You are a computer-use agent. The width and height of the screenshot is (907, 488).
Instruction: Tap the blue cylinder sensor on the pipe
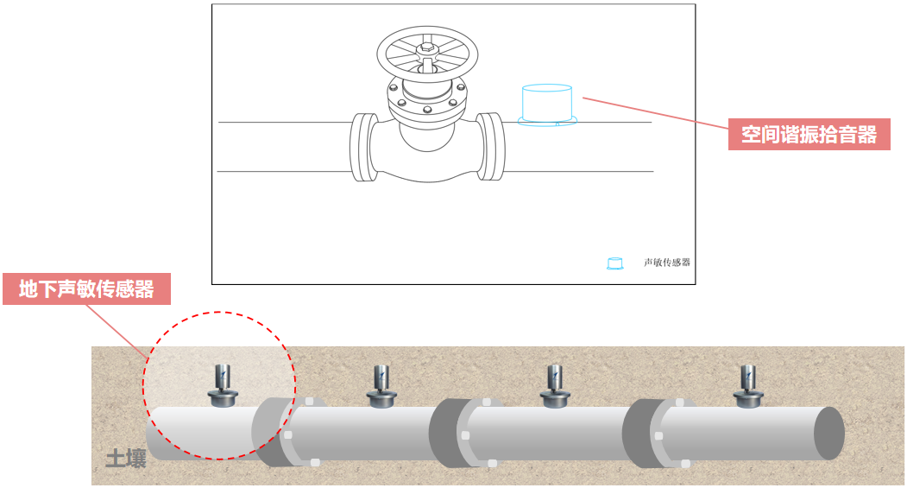point(546,105)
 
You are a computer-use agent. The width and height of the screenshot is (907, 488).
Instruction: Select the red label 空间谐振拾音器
point(809,134)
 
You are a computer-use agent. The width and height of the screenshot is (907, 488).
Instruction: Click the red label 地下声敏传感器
point(87,288)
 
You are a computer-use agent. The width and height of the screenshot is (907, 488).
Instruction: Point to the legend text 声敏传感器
point(667,263)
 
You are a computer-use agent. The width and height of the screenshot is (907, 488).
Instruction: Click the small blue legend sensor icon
point(615,263)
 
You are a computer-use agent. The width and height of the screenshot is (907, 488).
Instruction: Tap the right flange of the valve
point(490,147)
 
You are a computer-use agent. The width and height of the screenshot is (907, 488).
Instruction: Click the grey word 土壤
point(125,459)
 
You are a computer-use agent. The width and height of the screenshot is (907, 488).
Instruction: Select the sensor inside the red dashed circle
point(223,385)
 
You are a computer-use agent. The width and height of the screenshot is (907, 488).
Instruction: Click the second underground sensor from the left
point(381,386)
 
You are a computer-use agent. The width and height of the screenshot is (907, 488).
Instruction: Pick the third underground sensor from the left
point(555,386)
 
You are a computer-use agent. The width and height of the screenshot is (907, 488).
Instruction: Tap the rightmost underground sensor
point(748,386)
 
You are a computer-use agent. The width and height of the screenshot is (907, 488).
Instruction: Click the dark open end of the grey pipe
point(829,434)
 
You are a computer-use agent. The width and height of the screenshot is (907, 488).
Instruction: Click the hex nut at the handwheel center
point(427,48)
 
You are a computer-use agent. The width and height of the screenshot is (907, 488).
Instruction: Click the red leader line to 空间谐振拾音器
point(655,112)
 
